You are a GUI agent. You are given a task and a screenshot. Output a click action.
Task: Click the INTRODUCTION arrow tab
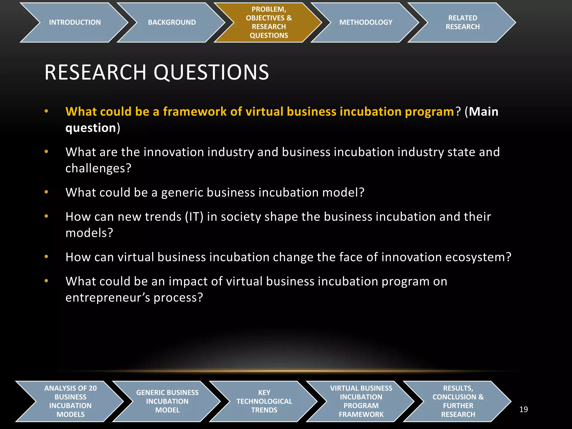(75, 22)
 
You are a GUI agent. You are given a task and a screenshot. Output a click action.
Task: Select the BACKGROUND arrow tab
(172, 22)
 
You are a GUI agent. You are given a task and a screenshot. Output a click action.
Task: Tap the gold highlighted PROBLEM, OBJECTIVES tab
(269, 22)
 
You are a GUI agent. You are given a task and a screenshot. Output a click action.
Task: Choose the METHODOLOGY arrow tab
(366, 22)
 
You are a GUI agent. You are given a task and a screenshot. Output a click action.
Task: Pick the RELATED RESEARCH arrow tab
(463, 22)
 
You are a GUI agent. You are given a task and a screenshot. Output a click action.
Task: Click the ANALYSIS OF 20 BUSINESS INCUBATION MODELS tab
(70, 401)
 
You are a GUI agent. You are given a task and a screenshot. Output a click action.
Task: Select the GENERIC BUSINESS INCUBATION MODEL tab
(167, 401)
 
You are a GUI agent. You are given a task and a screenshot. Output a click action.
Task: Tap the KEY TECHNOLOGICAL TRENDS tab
(264, 401)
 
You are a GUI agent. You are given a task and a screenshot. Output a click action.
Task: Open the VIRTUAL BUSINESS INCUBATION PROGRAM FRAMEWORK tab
(361, 401)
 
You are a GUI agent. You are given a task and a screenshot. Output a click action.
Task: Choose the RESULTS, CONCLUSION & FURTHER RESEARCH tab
(458, 401)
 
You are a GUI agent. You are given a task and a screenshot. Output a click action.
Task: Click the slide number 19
(523, 409)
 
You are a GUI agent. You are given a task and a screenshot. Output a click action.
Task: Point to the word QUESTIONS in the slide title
(211, 73)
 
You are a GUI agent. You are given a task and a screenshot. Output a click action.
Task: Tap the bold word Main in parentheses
(483, 111)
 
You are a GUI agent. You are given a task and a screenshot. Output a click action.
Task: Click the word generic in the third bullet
(182, 193)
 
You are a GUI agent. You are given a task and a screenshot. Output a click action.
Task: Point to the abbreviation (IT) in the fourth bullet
(194, 217)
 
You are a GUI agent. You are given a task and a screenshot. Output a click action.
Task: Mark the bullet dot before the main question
(46, 111)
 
